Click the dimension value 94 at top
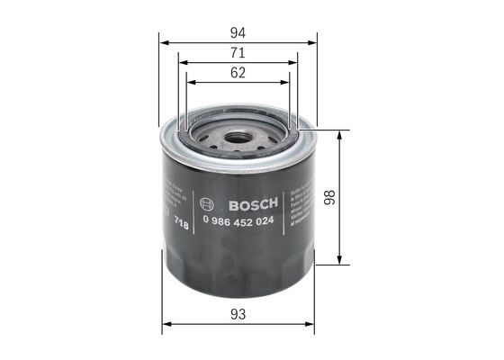point(238,31)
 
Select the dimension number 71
point(238,54)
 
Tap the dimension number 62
point(238,73)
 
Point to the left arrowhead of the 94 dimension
point(163,41)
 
